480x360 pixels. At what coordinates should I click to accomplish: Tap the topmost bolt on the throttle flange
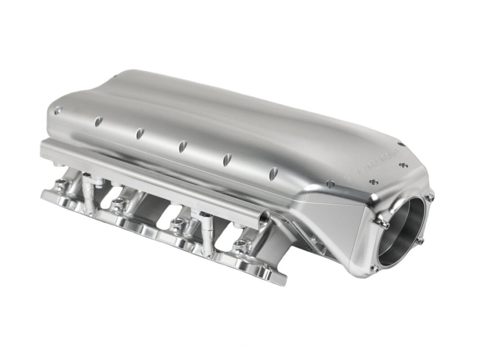coord(431,197)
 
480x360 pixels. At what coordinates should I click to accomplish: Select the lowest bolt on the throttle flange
coord(373,269)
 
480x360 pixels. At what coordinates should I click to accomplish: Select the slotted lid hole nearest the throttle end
coord(274,172)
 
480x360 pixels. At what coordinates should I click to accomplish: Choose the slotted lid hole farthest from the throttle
coord(98,121)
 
